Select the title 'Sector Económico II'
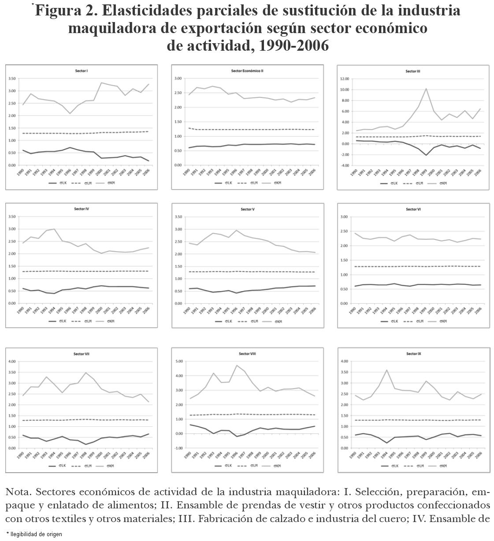tap(247, 71)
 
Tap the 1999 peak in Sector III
tap(426, 89)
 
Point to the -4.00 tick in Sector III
tap(344, 166)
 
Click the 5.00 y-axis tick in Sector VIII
tap(179, 362)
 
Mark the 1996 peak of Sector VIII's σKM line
tap(237, 365)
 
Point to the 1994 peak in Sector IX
tap(386, 370)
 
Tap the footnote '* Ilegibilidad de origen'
tap(34, 534)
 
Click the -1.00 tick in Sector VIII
tap(178, 448)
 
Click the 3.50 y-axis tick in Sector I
tap(12, 78)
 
